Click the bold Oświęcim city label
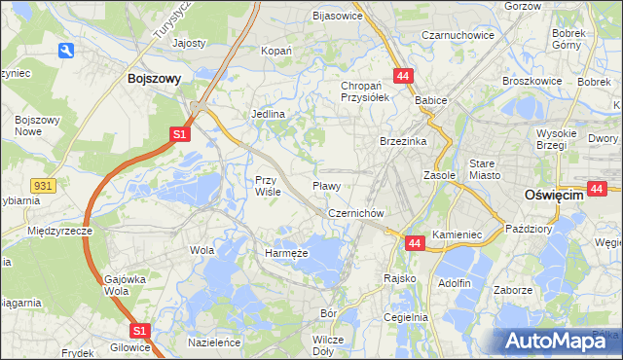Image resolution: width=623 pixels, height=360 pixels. coord(553,195)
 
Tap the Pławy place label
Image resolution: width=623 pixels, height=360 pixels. coord(326,185)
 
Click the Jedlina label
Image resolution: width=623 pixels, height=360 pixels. coord(268,114)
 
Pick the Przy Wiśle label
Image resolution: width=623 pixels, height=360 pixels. coord(268,185)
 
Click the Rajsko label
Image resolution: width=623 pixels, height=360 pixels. coord(400,278)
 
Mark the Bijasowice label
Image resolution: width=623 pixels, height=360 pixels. coord(337,16)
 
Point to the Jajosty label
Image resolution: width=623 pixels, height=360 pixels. coord(189,44)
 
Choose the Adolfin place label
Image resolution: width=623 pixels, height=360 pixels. coord(455,283)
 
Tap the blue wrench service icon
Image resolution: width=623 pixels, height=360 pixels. coord(66,51)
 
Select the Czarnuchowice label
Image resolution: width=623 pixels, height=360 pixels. coord(458,35)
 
